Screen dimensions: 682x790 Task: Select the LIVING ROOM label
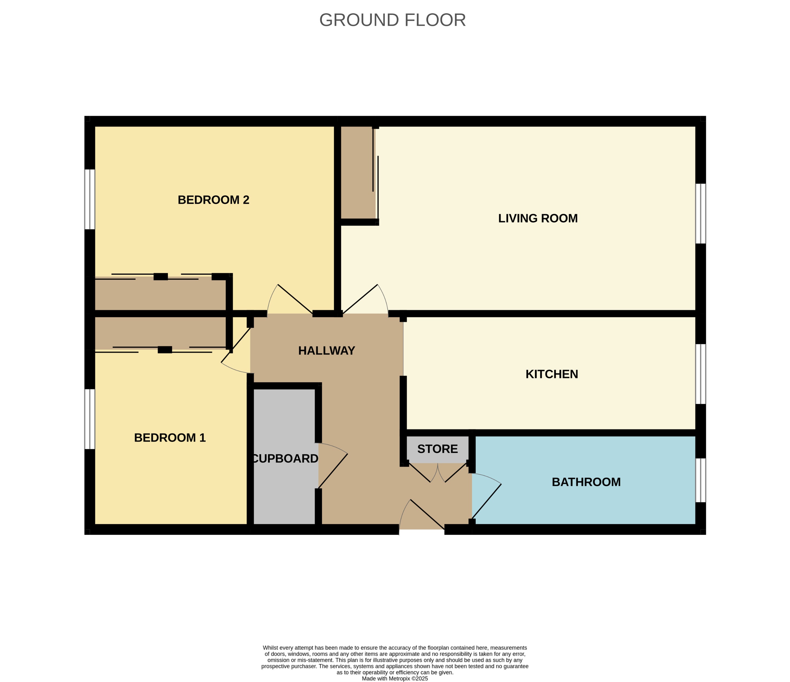pyautogui.click(x=538, y=218)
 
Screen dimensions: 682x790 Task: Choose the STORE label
pyautogui.click(x=437, y=449)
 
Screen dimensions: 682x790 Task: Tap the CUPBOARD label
pyautogui.click(x=285, y=459)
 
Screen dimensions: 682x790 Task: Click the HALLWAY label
pyautogui.click(x=327, y=351)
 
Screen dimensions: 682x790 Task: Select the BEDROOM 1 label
pyautogui.click(x=170, y=438)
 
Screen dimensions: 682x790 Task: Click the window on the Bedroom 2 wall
pyautogui.click(x=90, y=199)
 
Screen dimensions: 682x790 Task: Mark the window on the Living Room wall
pyautogui.click(x=700, y=214)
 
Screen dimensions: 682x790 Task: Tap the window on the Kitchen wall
pyautogui.click(x=700, y=374)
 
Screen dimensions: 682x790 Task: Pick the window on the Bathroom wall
pyautogui.click(x=700, y=480)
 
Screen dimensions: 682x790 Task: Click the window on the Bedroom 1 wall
pyautogui.click(x=90, y=419)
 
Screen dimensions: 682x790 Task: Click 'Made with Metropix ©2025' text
pyautogui.click(x=395, y=678)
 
